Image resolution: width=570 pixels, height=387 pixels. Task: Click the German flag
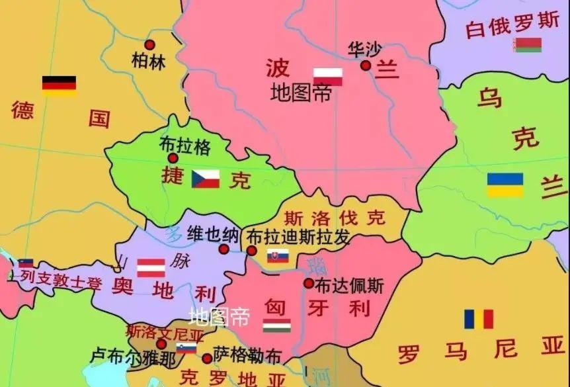59,85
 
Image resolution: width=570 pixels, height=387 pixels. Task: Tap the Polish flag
327,77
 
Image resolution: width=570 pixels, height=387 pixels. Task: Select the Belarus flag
527,45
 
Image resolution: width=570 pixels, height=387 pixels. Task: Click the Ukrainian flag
505,185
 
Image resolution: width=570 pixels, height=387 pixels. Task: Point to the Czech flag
206,179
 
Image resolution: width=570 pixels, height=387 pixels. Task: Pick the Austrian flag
151,267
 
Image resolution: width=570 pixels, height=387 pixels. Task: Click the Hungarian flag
276,325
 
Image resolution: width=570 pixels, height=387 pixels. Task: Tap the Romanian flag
478,319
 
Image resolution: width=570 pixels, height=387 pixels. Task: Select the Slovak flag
278,256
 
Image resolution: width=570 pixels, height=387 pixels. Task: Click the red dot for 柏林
149,45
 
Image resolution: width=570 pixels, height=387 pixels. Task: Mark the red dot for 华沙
366,65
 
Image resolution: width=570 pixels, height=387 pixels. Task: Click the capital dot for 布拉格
173,158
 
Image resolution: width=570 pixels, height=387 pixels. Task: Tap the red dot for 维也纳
224,249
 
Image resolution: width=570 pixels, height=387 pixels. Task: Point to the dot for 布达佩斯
309,283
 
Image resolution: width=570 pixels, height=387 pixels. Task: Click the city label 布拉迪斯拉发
298,237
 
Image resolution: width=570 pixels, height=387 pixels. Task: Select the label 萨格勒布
247,357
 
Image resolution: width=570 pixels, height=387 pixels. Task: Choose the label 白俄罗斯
512,25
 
